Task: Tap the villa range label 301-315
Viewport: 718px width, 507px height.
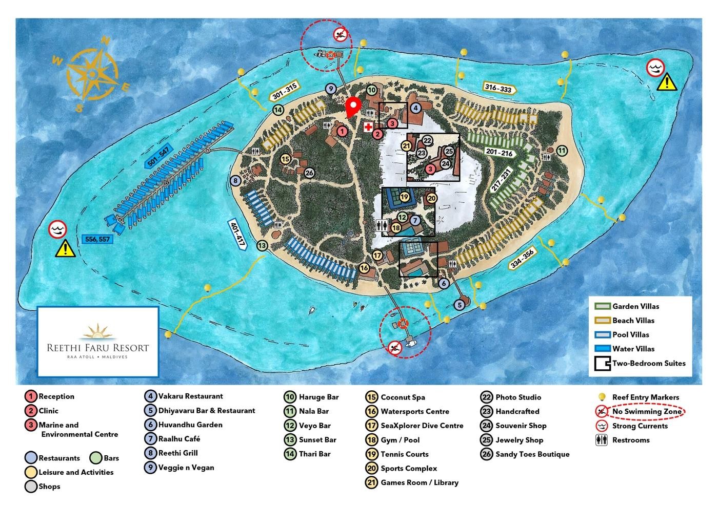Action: coord(285,93)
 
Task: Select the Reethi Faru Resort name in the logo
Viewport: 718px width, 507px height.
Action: coord(97,347)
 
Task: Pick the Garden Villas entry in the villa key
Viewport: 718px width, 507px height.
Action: coord(635,306)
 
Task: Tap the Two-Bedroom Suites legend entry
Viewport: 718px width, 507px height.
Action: coord(649,363)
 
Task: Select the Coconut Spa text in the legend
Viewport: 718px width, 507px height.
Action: coord(403,397)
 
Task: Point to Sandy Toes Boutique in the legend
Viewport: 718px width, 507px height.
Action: coord(532,454)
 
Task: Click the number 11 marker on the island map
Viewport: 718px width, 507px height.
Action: coord(563,151)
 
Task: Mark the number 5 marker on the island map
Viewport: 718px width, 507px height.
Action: coord(460,305)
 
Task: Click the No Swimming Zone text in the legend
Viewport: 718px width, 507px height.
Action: coord(647,411)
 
